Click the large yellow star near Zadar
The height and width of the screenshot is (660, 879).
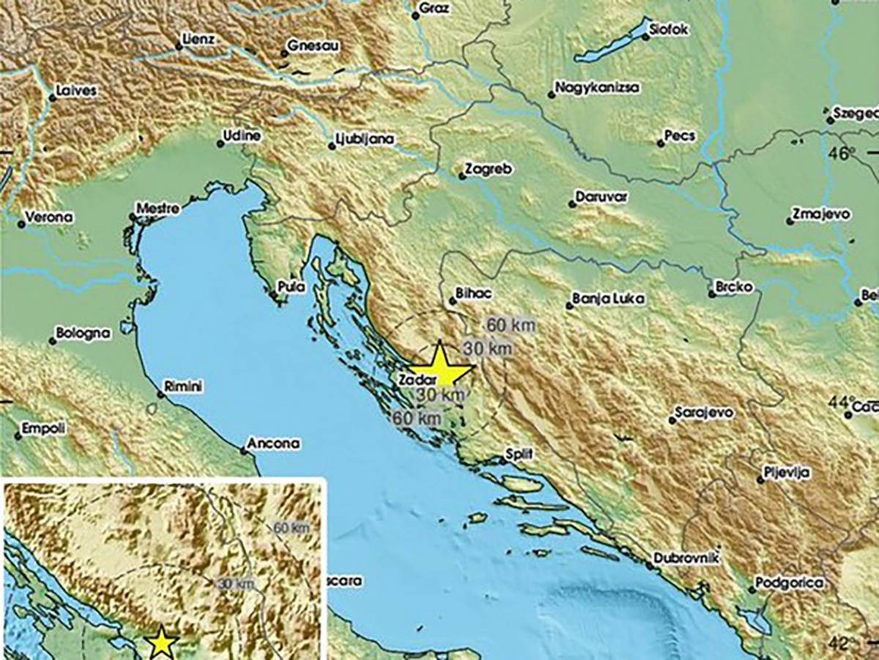(x=440, y=366)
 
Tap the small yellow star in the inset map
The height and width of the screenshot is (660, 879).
(x=161, y=644)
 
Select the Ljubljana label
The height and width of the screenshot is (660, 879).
(x=365, y=138)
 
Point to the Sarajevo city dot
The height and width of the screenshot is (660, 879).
(x=672, y=420)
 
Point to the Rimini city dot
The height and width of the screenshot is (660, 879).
(x=160, y=394)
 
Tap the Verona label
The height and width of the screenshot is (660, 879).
(x=48, y=217)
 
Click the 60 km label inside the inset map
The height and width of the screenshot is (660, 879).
(x=292, y=527)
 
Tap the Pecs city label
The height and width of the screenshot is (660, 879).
(x=679, y=136)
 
